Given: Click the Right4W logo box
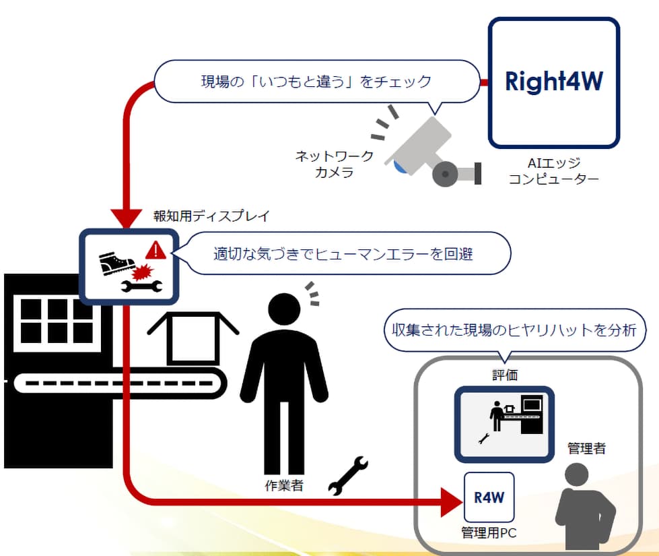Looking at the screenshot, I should tap(553, 82).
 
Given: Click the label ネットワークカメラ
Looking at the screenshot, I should tap(335, 164).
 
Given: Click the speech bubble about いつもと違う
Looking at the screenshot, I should tap(316, 82).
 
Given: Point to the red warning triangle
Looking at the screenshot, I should tap(156, 251).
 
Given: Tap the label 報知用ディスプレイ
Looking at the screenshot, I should tap(211, 217).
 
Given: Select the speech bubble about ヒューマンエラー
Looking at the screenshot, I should tap(343, 254).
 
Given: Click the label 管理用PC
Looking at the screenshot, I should tap(489, 533).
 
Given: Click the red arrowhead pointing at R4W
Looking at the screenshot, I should tap(451, 501).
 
